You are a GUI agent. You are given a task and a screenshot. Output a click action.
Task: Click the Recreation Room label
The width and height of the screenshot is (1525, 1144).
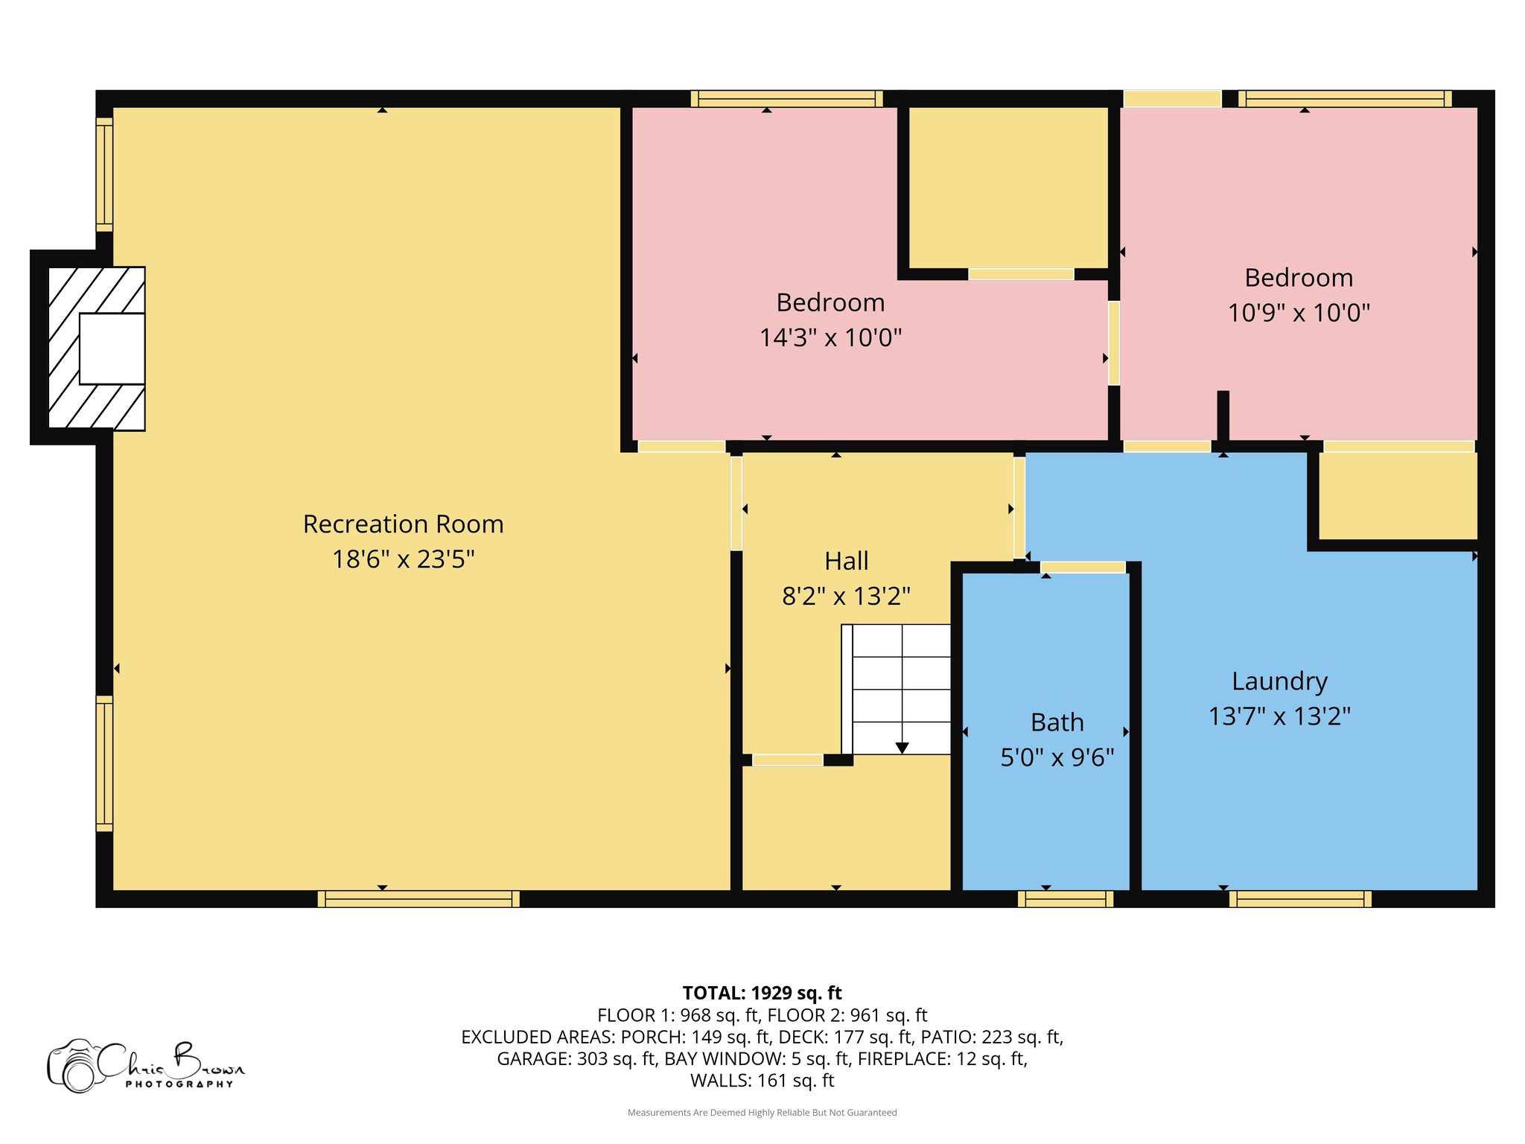tap(404, 524)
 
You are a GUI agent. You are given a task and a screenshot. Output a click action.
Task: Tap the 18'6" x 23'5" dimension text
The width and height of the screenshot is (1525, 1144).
tap(404, 559)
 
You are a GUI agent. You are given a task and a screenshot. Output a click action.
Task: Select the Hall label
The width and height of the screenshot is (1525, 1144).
tap(847, 561)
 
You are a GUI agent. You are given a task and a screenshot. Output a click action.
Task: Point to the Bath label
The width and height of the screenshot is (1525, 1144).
tap(1057, 722)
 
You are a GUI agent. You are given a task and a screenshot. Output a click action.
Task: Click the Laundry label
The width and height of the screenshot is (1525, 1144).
tap(1280, 681)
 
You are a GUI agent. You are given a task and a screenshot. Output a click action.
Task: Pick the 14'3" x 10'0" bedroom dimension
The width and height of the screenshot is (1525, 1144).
tap(831, 338)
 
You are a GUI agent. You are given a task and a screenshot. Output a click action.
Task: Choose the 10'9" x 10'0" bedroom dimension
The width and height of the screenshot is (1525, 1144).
tap(1299, 313)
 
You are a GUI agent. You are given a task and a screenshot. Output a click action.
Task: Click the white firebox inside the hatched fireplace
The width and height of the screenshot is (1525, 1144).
tap(112, 349)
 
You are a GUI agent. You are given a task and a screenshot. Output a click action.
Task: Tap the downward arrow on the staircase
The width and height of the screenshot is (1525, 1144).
tap(902, 748)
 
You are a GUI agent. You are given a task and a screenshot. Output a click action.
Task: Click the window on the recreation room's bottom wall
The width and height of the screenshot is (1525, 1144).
tap(418, 899)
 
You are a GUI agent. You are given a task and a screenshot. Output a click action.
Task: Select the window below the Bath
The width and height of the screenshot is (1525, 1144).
tap(1066, 899)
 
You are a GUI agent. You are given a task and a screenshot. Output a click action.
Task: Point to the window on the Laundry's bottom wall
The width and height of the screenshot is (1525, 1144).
tap(1300, 899)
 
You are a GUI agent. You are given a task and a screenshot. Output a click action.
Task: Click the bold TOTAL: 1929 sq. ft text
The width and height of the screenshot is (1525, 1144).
tap(762, 993)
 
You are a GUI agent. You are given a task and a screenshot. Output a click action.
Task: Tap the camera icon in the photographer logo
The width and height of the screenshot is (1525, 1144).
tap(74, 1067)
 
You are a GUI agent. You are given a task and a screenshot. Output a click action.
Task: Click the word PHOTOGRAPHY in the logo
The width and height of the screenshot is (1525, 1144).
tap(179, 1084)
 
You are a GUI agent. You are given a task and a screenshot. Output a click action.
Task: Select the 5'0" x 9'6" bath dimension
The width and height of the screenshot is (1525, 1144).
tap(1057, 758)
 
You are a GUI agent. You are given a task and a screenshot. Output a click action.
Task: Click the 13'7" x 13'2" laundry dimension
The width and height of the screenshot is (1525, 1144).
tap(1280, 716)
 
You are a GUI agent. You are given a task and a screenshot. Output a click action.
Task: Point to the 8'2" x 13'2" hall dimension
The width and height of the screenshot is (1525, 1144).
tap(847, 597)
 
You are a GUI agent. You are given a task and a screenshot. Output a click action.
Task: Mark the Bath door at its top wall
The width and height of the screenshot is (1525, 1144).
tap(1083, 568)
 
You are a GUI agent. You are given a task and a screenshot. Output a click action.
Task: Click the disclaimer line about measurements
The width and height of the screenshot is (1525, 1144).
tap(762, 1113)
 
